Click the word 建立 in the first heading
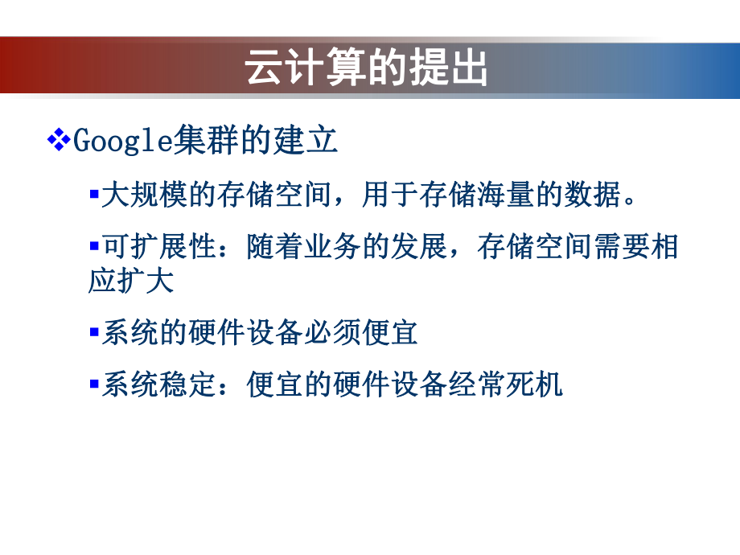click(x=306, y=142)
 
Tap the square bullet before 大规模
click(x=93, y=195)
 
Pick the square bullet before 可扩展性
click(x=93, y=245)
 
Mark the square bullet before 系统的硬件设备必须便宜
click(x=93, y=331)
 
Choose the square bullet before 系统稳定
click(x=93, y=383)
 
